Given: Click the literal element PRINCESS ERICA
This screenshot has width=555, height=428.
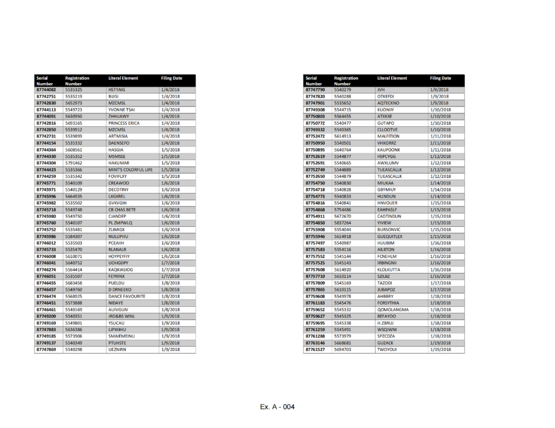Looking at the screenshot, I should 124,123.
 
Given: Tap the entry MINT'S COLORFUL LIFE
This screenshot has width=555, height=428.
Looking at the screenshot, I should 131,170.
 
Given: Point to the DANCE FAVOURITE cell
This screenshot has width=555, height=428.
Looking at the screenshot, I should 126,297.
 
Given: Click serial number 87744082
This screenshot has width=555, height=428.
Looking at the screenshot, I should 46,90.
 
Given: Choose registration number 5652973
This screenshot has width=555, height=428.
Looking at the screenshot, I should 73,103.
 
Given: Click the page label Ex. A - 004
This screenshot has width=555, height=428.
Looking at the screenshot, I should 277,407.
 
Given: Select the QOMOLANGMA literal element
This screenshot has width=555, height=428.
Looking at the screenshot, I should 393,310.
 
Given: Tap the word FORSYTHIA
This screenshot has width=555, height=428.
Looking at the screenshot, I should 388,303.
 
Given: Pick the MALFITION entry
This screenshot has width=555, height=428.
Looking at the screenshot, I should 388,137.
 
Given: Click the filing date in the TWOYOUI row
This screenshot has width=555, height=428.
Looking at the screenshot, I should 440,350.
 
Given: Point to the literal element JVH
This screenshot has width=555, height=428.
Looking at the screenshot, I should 381,90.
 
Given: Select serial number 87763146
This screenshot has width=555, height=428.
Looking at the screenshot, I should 315,343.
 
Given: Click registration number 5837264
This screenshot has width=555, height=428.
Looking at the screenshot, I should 342,223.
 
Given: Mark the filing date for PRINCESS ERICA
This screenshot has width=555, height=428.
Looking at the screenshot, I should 171,123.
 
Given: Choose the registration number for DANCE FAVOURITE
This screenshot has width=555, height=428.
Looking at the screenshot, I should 73,297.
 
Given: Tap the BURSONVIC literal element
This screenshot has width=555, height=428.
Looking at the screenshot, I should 388,230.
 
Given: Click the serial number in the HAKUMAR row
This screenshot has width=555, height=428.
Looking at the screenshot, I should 46,163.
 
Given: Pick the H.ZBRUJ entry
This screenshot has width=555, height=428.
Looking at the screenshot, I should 386,323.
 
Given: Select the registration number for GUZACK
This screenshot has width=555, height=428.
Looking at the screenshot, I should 342,343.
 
